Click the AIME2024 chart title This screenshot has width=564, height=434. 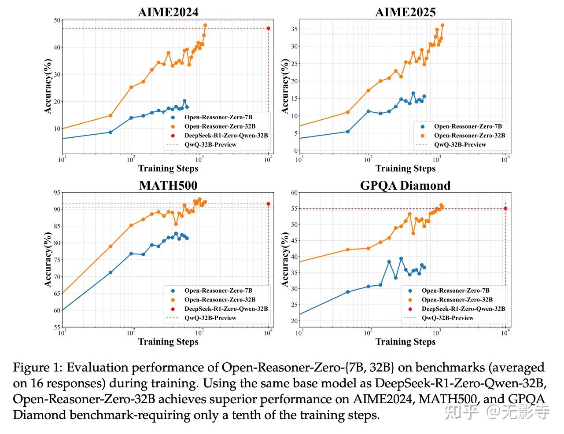(x=168, y=12)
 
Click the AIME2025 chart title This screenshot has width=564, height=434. (x=405, y=12)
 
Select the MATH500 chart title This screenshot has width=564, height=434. (x=168, y=185)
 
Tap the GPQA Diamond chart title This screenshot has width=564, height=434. (x=405, y=185)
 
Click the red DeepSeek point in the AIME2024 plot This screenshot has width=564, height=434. (x=268, y=28)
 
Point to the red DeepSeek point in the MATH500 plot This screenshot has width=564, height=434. (x=268, y=204)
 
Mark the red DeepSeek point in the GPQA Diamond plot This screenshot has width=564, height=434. (x=505, y=209)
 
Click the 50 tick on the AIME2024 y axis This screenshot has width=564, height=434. (x=57, y=20)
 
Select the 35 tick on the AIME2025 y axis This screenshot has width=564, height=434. (x=295, y=29)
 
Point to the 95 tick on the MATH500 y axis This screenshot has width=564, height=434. (x=57, y=192)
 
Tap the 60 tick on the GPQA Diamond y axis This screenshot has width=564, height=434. (x=295, y=192)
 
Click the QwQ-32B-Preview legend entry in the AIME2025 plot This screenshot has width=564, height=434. (x=460, y=144)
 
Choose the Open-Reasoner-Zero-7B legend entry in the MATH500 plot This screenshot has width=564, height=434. (x=218, y=291)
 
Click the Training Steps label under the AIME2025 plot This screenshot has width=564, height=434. (x=405, y=168)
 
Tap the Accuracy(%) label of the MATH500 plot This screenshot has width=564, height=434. (x=48, y=260)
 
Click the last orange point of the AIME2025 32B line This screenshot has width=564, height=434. (x=442, y=25)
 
